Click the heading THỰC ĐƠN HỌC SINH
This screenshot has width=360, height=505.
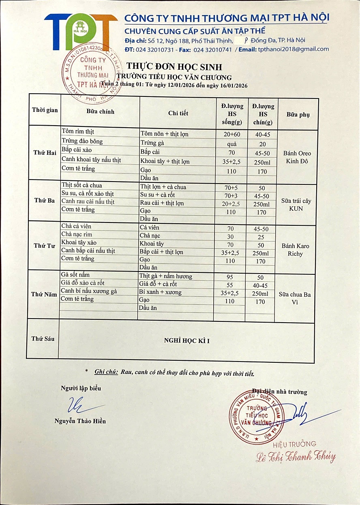[x=174, y=67]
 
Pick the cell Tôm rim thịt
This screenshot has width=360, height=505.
[x=78, y=132]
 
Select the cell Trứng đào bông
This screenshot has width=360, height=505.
[x=82, y=141]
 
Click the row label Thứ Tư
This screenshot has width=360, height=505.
[x=44, y=246]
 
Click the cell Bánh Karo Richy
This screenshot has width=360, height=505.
[x=295, y=250]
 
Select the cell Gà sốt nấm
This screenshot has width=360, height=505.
[x=75, y=275]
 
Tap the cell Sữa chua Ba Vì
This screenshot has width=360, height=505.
[x=295, y=298]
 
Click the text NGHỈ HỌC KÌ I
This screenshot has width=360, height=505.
[x=186, y=341]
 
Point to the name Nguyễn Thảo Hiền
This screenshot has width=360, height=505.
[x=80, y=421]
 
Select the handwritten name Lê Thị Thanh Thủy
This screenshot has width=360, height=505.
[x=296, y=457]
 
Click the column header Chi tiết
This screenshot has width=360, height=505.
[x=178, y=113]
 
